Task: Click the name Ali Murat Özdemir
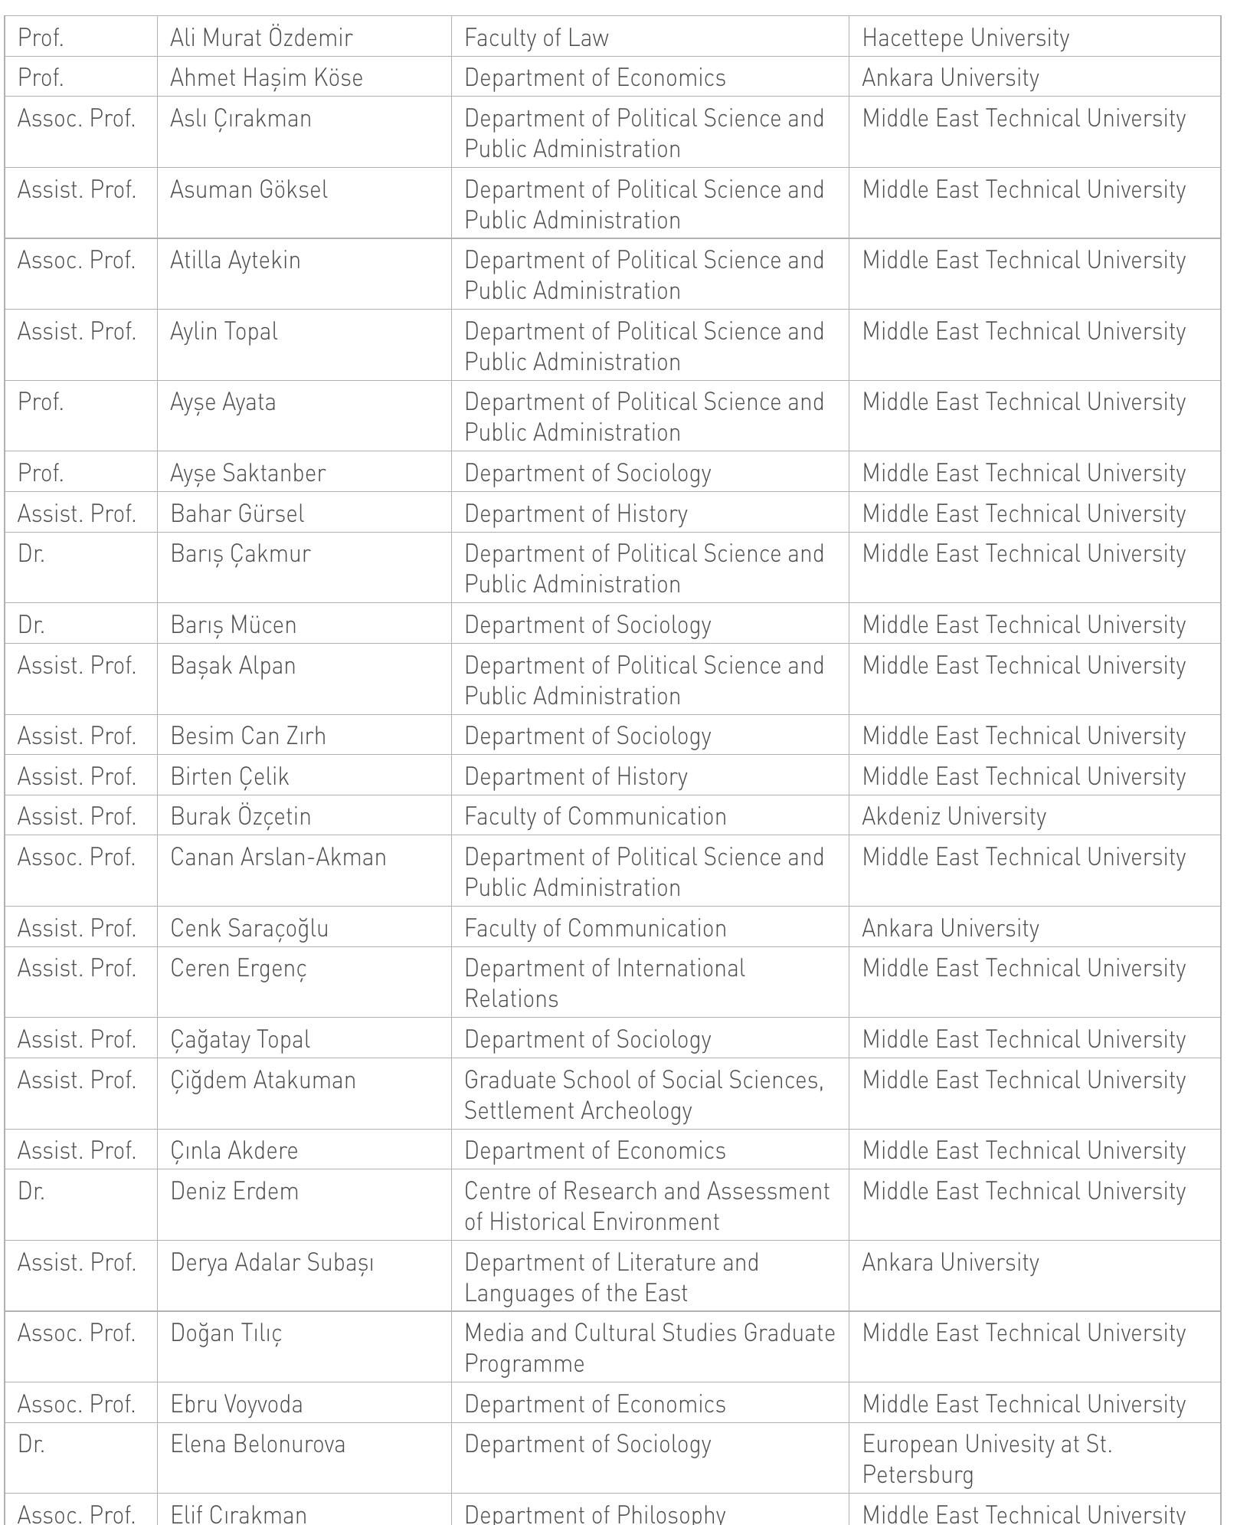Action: point(261,38)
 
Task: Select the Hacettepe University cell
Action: point(965,38)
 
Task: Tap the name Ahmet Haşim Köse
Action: point(267,77)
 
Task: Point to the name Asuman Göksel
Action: point(249,189)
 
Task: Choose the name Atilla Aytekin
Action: point(235,261)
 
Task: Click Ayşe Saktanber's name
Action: point(248,473)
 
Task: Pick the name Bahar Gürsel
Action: point(237,513)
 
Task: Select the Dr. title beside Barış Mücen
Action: point(31,625)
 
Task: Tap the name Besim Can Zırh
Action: point(248,736)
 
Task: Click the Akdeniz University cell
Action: point(954,816)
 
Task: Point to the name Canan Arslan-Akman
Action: point(278,857)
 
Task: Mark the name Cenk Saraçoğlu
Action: point(250,928)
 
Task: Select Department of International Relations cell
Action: point(604,983)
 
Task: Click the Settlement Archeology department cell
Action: point(643,1095)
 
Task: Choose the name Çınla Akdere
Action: point(234,1150)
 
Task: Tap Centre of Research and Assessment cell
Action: point(646,1206)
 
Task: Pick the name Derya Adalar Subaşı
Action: point(272,1262)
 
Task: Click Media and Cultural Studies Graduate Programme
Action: point(650,1348)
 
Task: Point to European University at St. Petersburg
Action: point(987,1459)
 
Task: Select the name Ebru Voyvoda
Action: point(237,1404)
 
